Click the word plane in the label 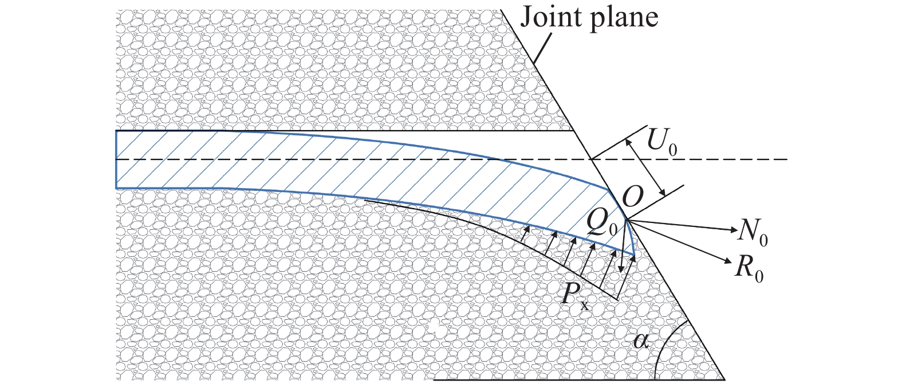[x=624, y=19]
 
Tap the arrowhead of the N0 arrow [x=733, y=230]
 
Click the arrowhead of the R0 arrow [x=728, y=261]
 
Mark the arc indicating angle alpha [x=664, y=347]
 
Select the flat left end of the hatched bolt [x=116, y=159]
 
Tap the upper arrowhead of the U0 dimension [x=628, y=143]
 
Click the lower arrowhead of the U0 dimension [x=663, y=192]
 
